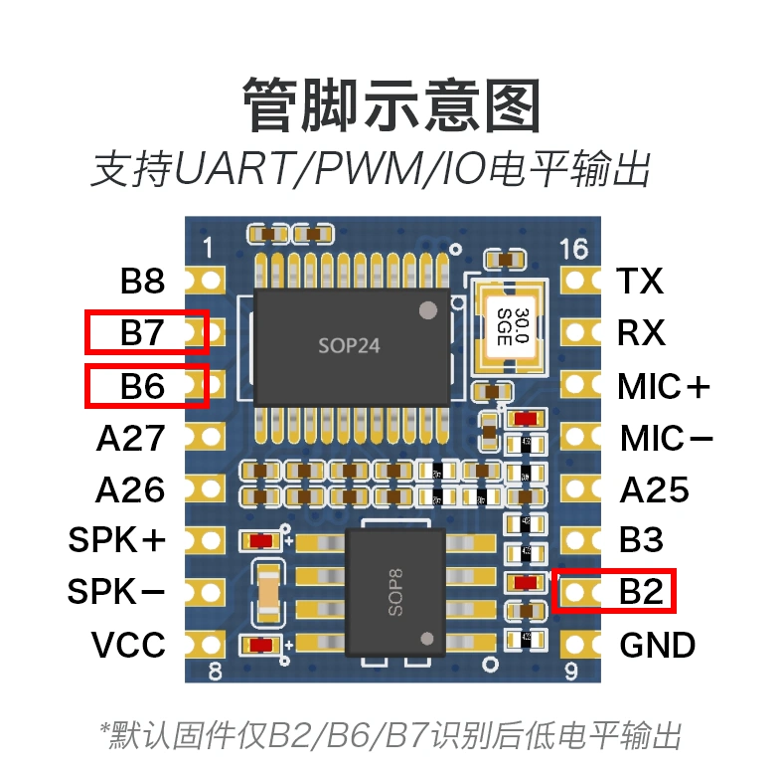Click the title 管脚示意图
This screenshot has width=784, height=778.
[392, 105]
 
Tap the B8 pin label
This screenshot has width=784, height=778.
[142, 282]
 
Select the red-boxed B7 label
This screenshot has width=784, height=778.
[142, 332]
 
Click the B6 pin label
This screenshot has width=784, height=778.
[142, 385]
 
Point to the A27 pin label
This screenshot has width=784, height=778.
[130, 438]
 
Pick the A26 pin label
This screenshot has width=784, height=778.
[130, 489]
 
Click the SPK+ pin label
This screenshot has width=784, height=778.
[117, 540]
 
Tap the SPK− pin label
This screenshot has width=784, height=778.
[116, 593]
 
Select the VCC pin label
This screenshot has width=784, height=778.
[128, 645]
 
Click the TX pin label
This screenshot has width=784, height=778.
[640, 282]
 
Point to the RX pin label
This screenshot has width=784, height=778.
[641, 332]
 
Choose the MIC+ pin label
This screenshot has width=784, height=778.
[664, 385]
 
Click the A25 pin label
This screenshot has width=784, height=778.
[654, 489]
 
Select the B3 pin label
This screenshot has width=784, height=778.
[641, 540]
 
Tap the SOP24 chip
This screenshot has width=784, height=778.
[350, 346]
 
